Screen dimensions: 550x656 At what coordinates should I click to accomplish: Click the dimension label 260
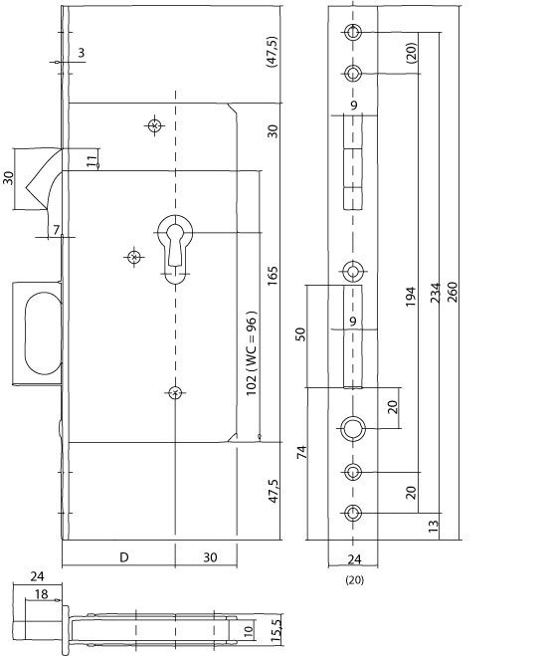[453, 292]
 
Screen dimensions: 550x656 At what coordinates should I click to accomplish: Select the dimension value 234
[436, 293]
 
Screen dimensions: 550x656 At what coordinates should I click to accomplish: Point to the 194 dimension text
[411, 297]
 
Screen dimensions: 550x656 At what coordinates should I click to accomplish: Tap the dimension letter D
[124, 557]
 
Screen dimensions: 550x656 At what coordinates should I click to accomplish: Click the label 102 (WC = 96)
[251, 354]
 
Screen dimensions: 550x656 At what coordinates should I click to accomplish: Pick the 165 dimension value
[273, 276]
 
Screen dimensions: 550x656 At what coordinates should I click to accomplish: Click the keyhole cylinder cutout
[175, 249]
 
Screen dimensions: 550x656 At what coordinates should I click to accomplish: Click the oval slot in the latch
[43, 333]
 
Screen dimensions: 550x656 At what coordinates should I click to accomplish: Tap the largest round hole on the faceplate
[353, 428]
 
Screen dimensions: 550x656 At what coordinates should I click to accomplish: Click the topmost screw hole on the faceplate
[353, 32]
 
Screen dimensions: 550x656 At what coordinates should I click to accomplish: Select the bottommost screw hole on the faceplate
[353, 513]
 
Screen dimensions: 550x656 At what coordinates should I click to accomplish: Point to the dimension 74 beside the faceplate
[301, 452]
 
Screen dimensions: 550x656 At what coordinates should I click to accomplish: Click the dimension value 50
[300, 334]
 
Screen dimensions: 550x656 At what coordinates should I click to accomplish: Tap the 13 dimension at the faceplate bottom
[434, 526]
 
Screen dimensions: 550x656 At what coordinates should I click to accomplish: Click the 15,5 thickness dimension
[275, 630]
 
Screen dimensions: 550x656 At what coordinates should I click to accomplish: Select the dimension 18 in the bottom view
[41, 594]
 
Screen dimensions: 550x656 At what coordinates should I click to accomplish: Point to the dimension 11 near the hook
[92, 161]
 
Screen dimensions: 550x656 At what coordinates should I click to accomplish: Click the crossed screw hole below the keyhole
[175, 392]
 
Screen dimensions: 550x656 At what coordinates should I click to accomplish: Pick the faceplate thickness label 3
[82, 53]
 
